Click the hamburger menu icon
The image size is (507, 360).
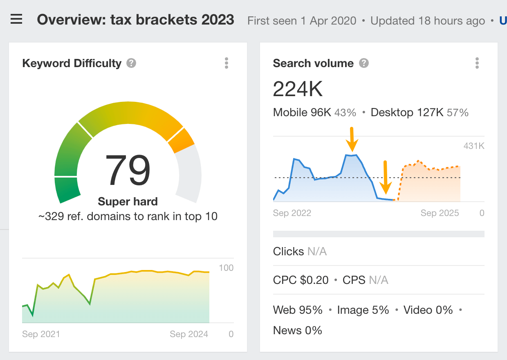(x=16, y=19)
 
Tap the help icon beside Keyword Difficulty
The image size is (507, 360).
(x=131, y=63)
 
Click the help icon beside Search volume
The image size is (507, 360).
(x=364, y=63)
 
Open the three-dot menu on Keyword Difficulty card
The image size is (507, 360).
(x=227, y=63)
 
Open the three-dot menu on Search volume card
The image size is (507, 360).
(x=477, y=63)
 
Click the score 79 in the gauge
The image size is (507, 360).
(x=128, y=171)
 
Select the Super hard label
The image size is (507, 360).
(x=128, y=201)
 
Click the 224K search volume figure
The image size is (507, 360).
(x=298, y=89)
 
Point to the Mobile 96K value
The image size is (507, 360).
(x=302, y=112)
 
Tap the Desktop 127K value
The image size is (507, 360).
(x=407, y=112)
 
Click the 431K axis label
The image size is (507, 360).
(x=473, y=146)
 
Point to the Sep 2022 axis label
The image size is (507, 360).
(x=292, y=213)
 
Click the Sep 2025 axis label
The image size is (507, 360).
(x=440, y=213)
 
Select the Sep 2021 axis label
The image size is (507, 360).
(x=41, y=334)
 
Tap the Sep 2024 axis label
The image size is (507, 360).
(x=189, y=334)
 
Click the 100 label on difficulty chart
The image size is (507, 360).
(x=226, y=268)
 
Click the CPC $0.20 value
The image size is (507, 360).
(x=301, y=280)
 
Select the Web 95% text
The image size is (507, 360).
(x=298, y=310)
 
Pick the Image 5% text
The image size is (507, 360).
(x=363, y=310)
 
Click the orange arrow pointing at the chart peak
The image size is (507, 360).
(x=352, y=139)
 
